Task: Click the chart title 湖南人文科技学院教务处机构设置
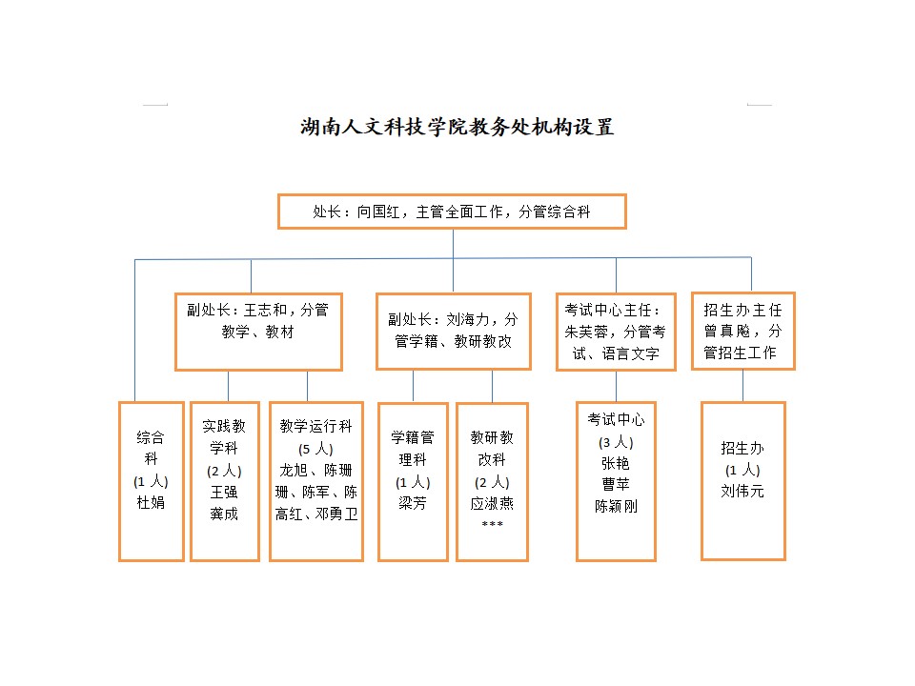coord(457,127)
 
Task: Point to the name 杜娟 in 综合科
coord(151,502)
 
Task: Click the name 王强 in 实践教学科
coord(224,492)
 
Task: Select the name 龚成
coord(224,514)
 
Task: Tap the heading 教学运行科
coord(315,426)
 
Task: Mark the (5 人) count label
coord(315,449)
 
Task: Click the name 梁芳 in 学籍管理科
coord(413,503)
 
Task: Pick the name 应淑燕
coord(492,503)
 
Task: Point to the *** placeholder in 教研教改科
coord(492,524)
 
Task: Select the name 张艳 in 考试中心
coord(616,463)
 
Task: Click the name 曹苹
coord(616,484)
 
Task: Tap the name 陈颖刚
coord(616,506)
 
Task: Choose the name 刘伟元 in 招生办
coord(742,492)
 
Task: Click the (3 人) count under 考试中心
coord(616,442)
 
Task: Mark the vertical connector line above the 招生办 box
coord(742,386)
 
